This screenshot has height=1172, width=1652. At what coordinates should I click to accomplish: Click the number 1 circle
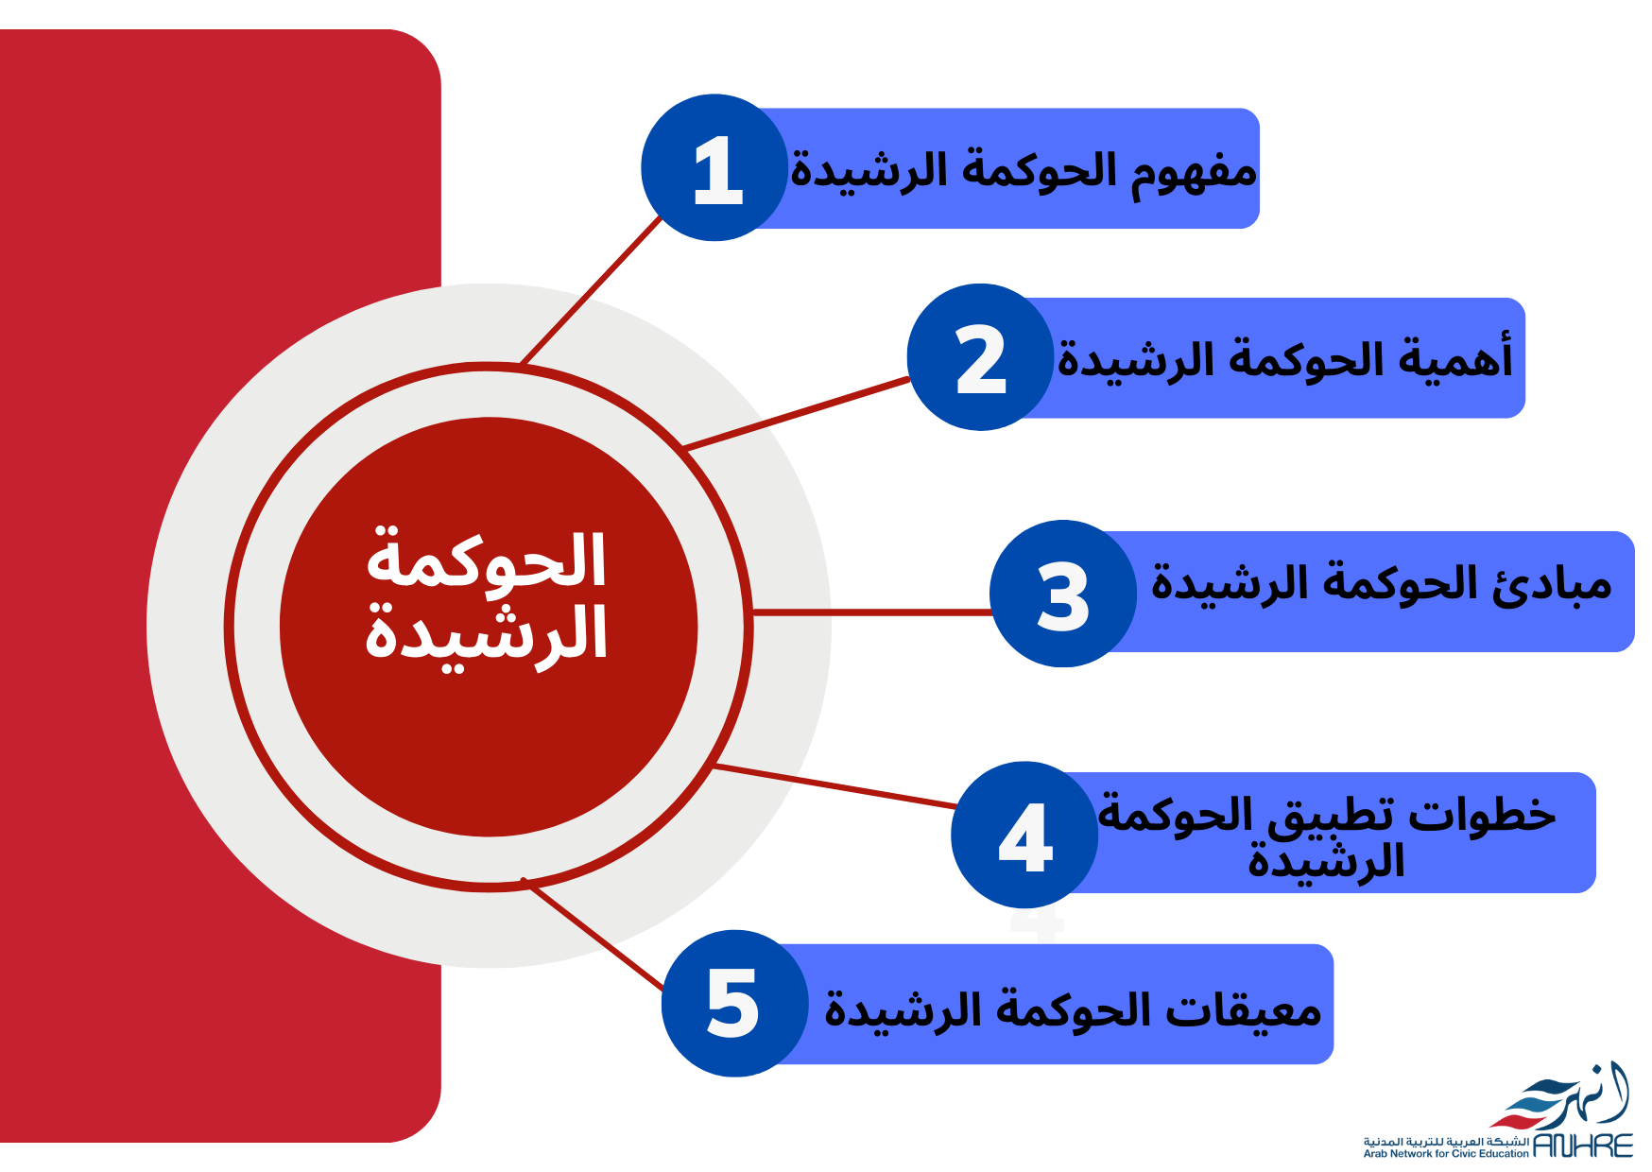click(x=714, y=167)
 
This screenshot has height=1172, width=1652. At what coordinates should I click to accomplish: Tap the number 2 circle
click(x=980, y=357)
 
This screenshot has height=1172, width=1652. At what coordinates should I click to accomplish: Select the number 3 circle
click(x=1063, y=594)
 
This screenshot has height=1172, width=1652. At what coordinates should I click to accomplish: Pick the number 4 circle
click(x=1024, y=835)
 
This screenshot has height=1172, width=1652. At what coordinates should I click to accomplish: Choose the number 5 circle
click(x=735, y=1003)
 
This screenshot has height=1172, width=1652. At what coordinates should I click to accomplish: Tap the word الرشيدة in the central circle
click(x=486, y=635)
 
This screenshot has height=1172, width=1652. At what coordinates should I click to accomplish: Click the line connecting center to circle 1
click(x=592, y=289)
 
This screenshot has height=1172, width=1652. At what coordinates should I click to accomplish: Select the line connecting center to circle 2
click(x=796, y=413)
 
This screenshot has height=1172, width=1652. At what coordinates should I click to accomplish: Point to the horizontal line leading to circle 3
click(x=871, y=612)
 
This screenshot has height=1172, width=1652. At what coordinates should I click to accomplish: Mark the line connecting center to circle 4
click(x=835, y=785)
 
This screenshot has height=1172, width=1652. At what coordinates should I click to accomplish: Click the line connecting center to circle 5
click(x=594, y=935)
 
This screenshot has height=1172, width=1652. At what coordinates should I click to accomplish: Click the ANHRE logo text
click(x=1582, y=1146)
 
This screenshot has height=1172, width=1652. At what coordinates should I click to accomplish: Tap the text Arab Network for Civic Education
click(x=1446, y=1153)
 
